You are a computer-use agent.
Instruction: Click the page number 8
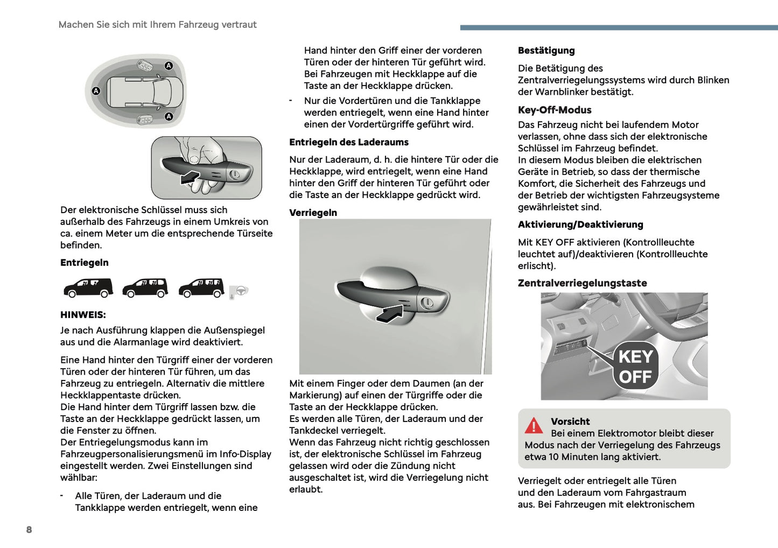[29, 530]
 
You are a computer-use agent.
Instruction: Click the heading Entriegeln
[85, 263]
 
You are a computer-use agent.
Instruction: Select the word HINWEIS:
[83, 315]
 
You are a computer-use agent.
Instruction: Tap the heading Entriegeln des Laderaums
[349, 142]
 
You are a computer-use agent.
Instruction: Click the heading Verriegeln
[313, 213]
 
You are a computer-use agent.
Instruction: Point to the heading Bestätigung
[546, 51]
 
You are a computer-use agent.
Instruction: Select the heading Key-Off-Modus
[555, 110]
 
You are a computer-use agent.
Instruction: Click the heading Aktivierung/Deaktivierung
[580, 224]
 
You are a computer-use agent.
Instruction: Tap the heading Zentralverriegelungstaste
[582, 283]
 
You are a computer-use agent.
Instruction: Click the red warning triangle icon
[534, 426]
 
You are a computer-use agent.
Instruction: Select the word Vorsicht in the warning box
[570, 421]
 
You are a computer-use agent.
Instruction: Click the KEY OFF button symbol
[635, 366]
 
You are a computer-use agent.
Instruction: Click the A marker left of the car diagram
[96, 91]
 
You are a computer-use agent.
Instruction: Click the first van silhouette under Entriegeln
[88, 287]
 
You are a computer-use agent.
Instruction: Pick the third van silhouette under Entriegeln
[201, 287]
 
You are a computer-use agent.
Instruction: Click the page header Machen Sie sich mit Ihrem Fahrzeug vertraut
[157, 25]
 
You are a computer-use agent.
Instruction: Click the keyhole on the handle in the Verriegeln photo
[427, 303]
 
